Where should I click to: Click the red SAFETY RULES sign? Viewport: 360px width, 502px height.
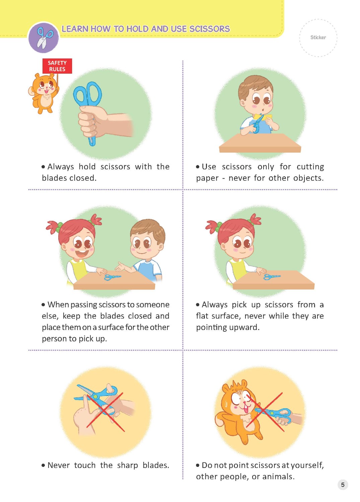[x=57, y=66]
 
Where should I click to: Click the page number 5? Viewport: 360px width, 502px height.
[x=343, y=485]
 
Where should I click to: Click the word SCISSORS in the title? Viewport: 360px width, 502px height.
[x=210, y=29]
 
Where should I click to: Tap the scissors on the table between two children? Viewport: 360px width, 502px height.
[x=113, y=277]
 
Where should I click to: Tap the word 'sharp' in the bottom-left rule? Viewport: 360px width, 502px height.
[x=127, y=466]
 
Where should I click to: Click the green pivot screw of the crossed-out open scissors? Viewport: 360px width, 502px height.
[x=96, y=397]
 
